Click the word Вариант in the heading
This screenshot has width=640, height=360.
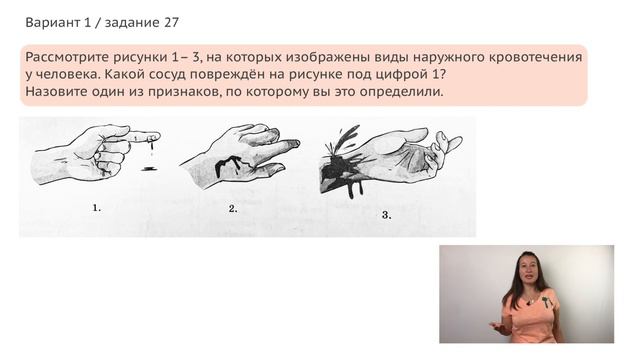point(54,21)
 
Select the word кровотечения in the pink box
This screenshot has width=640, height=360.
point(536,59)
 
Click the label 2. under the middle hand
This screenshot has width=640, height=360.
point(232,208)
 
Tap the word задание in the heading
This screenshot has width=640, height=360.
point(125,21)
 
